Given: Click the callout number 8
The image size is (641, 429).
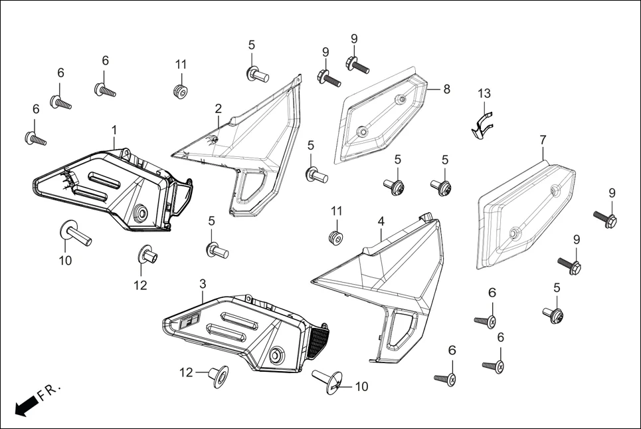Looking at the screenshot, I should pos(446,88).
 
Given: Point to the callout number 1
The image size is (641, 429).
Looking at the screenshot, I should pos(114,128).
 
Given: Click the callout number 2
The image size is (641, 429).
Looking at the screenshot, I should pos(218,108).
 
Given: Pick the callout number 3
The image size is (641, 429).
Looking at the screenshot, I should pos(203,284).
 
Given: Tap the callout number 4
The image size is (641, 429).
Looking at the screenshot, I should pos(381,220).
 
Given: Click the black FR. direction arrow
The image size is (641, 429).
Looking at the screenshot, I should pos(25,406).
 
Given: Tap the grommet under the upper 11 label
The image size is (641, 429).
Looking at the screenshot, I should pos(179,89).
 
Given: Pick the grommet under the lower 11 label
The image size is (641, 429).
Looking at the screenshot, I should pos(337,237).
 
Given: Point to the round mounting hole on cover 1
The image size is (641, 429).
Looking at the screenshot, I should pos(141,214).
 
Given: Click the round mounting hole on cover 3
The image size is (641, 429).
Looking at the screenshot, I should pos(276,354).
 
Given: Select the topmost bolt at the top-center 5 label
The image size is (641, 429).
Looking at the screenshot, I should pos(256,72).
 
